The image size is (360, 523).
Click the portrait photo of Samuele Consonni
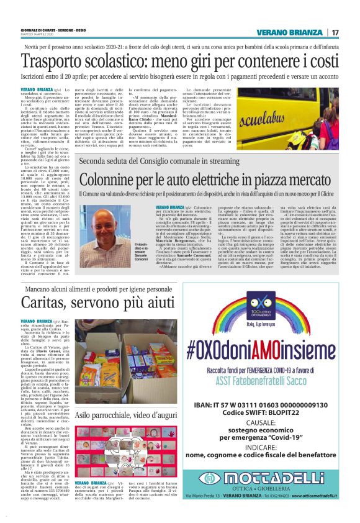pos(143,226)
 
